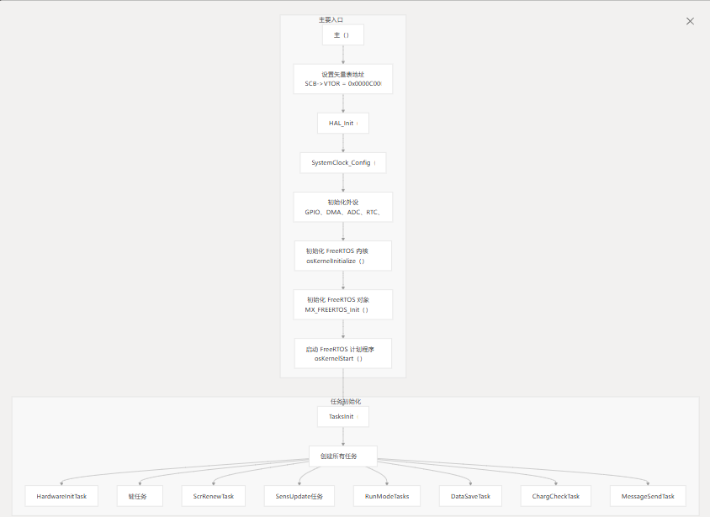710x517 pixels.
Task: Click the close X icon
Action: click(690, 21)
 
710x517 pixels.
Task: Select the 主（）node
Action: click(342, 34)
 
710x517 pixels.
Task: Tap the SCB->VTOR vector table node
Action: click(342, 79)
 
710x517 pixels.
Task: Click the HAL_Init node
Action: click(342, 123)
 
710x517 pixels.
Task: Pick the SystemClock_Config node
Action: click(342, 162)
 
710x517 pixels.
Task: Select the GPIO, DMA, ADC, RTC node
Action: click(342, 207)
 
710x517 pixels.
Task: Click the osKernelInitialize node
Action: click(342, 256)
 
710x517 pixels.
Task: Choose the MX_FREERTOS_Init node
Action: click(342, 304)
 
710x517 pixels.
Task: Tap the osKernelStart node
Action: click(342, 353)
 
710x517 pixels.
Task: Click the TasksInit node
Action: click(342, 416)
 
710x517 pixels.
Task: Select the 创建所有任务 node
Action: click(342, 456)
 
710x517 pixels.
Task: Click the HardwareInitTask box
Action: click(61, 496)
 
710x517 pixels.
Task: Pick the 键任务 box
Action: click(138, 496)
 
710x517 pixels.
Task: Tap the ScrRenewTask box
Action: click(214, 496)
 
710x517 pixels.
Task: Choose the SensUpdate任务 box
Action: click(299, 496)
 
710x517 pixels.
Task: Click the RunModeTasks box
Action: click(387, 496)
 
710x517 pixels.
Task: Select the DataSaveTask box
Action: click(471, 496)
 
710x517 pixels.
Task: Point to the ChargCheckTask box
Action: click(555, 496)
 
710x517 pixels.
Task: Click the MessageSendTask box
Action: click(647, 496)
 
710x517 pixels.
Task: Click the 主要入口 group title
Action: click(331, 19)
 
